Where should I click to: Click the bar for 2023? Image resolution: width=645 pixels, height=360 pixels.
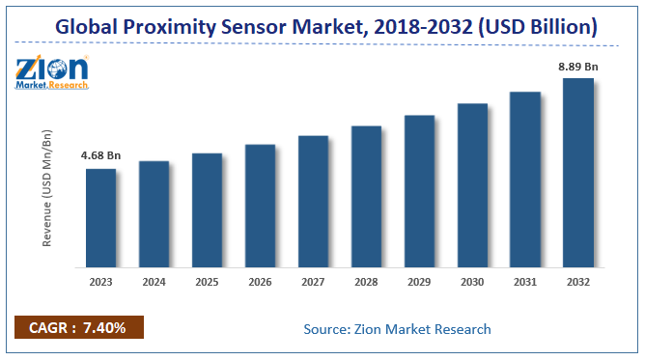click(100, 218)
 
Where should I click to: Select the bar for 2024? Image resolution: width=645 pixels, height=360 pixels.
click(154, 214)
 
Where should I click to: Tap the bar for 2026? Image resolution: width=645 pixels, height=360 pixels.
click(260, 206)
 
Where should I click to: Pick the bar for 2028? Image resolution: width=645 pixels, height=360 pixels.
click(366, 197)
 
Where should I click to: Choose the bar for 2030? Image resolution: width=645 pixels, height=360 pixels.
click(472, 185)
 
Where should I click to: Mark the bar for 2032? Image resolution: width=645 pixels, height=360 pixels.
click(578, 173)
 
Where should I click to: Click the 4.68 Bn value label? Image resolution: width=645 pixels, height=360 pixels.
click(100, 155)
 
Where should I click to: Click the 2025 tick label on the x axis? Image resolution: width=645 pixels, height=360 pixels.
click(207, 283)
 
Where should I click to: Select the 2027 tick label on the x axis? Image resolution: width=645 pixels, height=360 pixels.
click(313, 283)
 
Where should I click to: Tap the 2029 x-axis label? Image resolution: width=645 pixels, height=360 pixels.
click(419, 283)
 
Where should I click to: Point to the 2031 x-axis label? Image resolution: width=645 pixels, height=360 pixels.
click(525, 283)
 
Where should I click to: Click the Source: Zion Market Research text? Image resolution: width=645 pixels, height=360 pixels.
click(397, 329)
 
